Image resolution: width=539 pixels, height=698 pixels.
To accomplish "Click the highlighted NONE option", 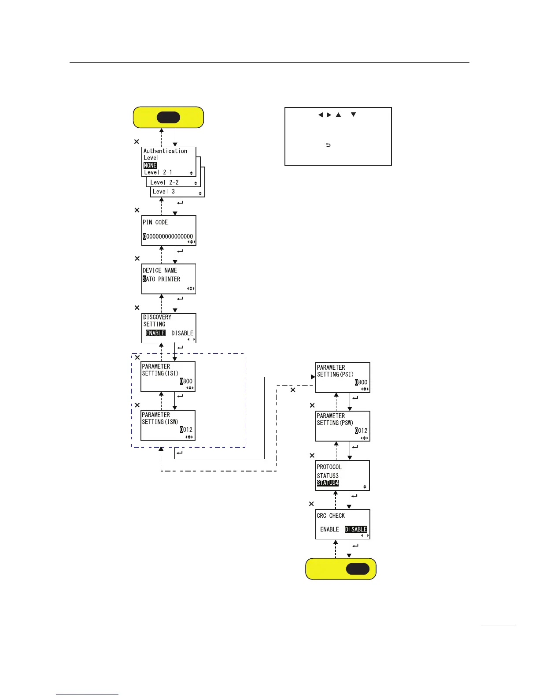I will pyautogui.click(x=150, y=166).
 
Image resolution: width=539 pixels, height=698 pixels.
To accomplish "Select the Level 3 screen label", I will pyautogui.click(x=164, y=192).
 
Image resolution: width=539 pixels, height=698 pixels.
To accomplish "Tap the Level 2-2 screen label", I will pyautogui.click(x=164, y=182).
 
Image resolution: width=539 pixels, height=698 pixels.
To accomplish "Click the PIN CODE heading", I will pyautogui.click(x=155, y=223).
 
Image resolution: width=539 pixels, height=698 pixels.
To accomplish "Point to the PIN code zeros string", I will pyautogui.click(x=168, y=237).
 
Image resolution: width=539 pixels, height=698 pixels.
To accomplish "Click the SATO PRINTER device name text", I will pyautogui.click(x=161, y=279).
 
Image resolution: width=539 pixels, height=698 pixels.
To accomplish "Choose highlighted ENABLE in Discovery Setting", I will pyautogui.click(x=155, y=333).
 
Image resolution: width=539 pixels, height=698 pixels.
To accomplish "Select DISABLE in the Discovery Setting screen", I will pyautogui.click(x=182, y=333).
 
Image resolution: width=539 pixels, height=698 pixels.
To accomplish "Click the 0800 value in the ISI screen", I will pyautogui.click(x=186, y=381).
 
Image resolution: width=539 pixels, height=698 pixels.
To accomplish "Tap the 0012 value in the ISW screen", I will pyautogui.click(x=186, y=430).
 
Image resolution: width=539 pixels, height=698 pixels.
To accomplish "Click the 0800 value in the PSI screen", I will pyautogui.click(x=361, y=382).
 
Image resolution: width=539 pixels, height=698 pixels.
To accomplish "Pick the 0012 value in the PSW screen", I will pyautogui.click(x=361, y=431).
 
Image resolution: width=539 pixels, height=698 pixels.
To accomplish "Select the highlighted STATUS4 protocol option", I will pyautogui.click(x=328, y=483).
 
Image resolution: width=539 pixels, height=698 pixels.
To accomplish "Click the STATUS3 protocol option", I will pyautogui.click(x=328, y=476).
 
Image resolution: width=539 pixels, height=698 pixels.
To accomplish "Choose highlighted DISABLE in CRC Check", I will pyautogui.click(x=356, y=529).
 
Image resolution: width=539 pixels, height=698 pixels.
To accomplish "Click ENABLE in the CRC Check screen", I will pyautogui.click(x=329, y=529).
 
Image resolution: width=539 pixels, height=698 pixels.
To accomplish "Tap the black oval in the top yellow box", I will pyautogui.click(x=168, y=117).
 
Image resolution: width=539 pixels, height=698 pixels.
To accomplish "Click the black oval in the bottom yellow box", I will pyautogui.click(x=358, y=568).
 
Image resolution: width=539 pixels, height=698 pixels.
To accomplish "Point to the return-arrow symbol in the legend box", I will pyautogui.click(x=328, y=145).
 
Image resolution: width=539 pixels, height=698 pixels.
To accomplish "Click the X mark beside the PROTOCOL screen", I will pyautogui.click(x=312, y=456).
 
